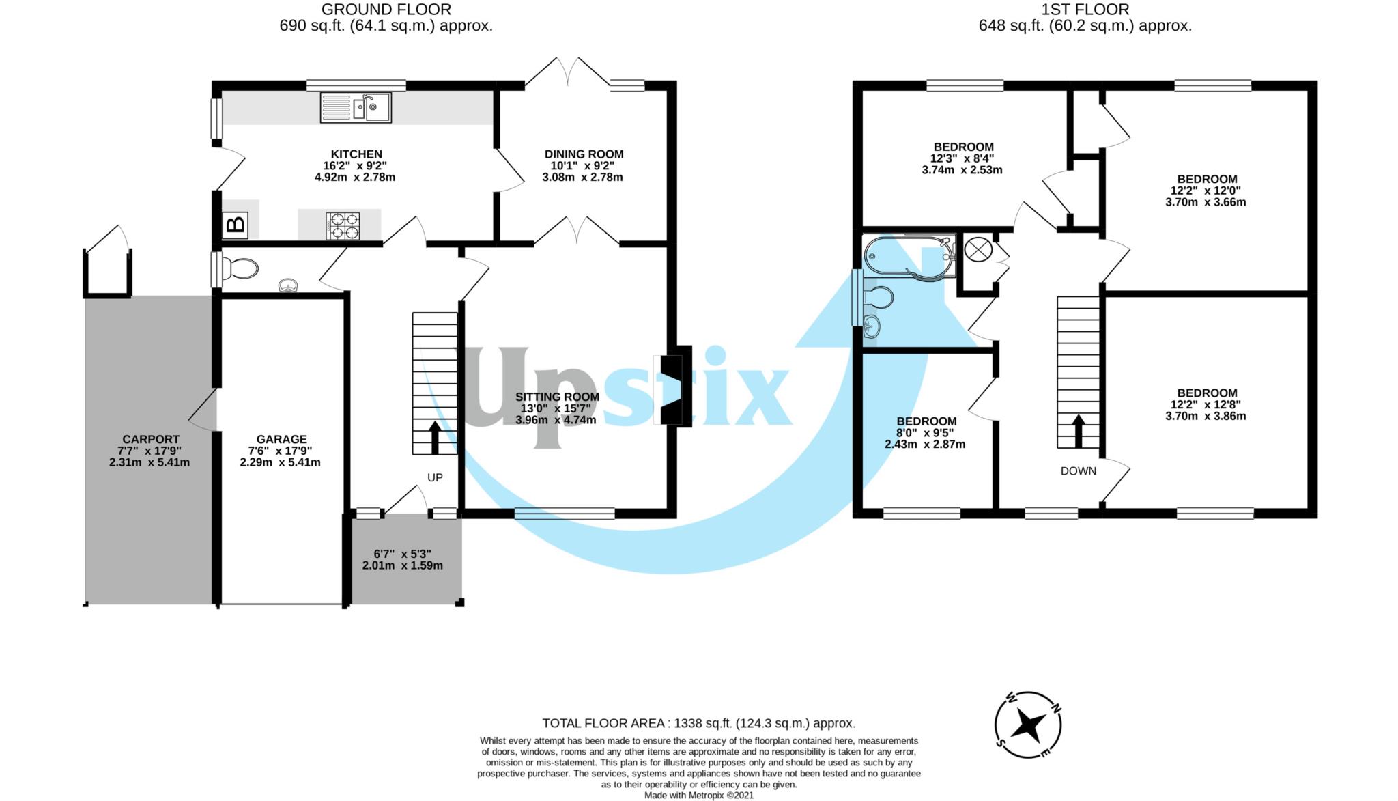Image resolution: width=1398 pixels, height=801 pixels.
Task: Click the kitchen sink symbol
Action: click(356, 108)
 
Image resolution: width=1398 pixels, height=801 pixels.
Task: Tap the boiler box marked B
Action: click(236, 225)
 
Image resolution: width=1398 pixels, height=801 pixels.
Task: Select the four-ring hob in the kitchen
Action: click(343, 226)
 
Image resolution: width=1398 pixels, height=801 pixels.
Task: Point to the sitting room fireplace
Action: click(672, 387)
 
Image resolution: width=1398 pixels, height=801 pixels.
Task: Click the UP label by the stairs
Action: click(435, 477)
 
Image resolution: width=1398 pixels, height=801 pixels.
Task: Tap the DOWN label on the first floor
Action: click(1079, 471)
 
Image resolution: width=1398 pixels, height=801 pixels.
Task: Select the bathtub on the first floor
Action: click(909, 257)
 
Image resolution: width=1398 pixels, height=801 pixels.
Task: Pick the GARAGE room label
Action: click(281, 439)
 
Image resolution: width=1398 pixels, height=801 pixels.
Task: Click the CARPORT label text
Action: click(151, 439)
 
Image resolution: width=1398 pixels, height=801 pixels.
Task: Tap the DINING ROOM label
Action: click(584, 154)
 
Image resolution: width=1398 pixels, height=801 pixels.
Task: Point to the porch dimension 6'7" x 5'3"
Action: click(402, 554)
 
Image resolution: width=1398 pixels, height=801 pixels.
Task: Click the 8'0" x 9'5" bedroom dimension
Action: click(925, 432)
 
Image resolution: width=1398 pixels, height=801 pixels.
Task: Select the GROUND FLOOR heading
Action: click(386, 10)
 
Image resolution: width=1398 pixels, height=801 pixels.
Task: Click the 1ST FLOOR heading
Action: click(1085, 10)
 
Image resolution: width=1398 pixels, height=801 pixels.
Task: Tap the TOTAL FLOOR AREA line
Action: click(698, 723)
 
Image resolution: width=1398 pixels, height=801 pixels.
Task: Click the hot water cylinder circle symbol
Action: click(978, 250)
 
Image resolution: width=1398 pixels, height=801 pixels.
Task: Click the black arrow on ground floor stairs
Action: click(435, 438)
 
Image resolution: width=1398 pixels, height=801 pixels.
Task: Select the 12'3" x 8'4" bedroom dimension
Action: click(962, 158)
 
